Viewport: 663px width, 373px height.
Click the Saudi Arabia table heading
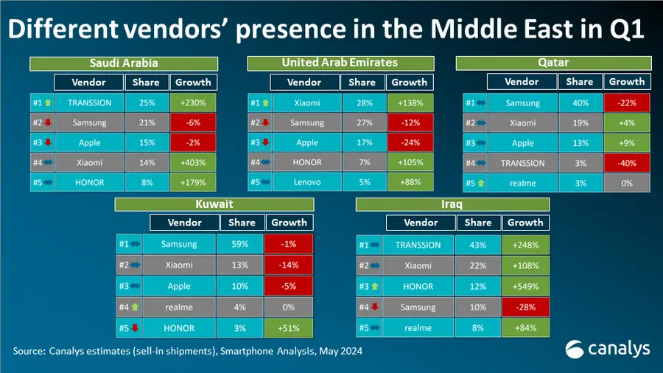124,63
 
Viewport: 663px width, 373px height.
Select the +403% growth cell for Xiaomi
193,162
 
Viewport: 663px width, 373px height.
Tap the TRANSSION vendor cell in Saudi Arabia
90,102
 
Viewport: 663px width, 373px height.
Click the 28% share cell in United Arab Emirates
365,102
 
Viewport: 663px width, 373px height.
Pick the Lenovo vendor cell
307,182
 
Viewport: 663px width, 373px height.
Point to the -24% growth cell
410,142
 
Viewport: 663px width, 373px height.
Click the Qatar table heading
553,63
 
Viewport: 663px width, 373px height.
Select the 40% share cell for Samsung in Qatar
580,102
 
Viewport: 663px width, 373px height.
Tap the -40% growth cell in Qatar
627,163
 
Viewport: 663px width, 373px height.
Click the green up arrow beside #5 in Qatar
481,183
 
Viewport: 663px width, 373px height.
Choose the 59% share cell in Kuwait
239,244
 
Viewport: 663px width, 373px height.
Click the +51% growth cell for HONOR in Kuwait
289,328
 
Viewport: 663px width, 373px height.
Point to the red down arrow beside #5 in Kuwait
135,328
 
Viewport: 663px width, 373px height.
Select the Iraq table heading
452,204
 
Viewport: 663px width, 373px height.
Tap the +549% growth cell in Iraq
525,286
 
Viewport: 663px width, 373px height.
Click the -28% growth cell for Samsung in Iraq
525,307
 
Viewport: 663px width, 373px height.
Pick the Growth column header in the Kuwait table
290,223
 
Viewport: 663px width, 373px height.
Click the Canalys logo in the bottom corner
608,349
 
